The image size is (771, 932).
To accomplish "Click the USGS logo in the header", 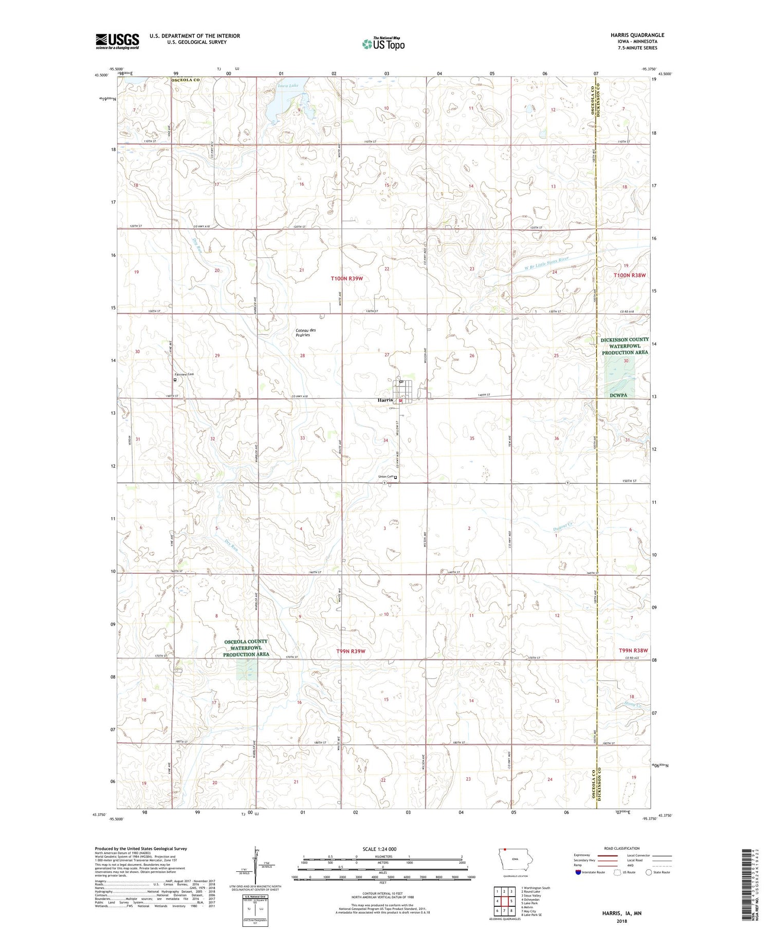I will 117,41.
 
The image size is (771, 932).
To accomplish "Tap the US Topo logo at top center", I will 383,44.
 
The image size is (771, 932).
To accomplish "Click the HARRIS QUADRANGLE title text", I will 637,35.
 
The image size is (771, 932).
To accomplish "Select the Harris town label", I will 385,400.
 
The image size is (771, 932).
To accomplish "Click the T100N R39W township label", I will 346,279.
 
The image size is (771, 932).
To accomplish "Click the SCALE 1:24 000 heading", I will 382,849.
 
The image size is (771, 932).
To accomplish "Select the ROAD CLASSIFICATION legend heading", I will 622,849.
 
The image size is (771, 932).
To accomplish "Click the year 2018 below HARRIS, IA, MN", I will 622,920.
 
